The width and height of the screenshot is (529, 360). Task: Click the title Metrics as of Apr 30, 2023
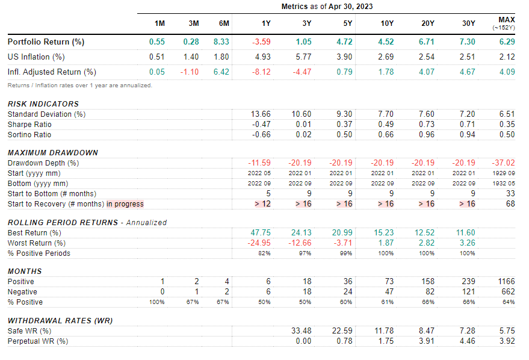328,7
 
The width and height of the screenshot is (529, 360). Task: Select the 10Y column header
387,23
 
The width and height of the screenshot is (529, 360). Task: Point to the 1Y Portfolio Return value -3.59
262,42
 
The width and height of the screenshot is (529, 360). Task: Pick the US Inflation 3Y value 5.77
304,57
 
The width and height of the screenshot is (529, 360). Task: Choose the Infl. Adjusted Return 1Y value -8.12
262,72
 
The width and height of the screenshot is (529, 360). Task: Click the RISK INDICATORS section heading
43,104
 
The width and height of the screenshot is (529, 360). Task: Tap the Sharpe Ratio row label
29,124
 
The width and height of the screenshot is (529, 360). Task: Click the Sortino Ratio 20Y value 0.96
426,135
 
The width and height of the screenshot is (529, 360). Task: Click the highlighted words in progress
125,204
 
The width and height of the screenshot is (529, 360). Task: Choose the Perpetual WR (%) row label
37,341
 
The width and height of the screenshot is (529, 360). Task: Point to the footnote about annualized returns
79,85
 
